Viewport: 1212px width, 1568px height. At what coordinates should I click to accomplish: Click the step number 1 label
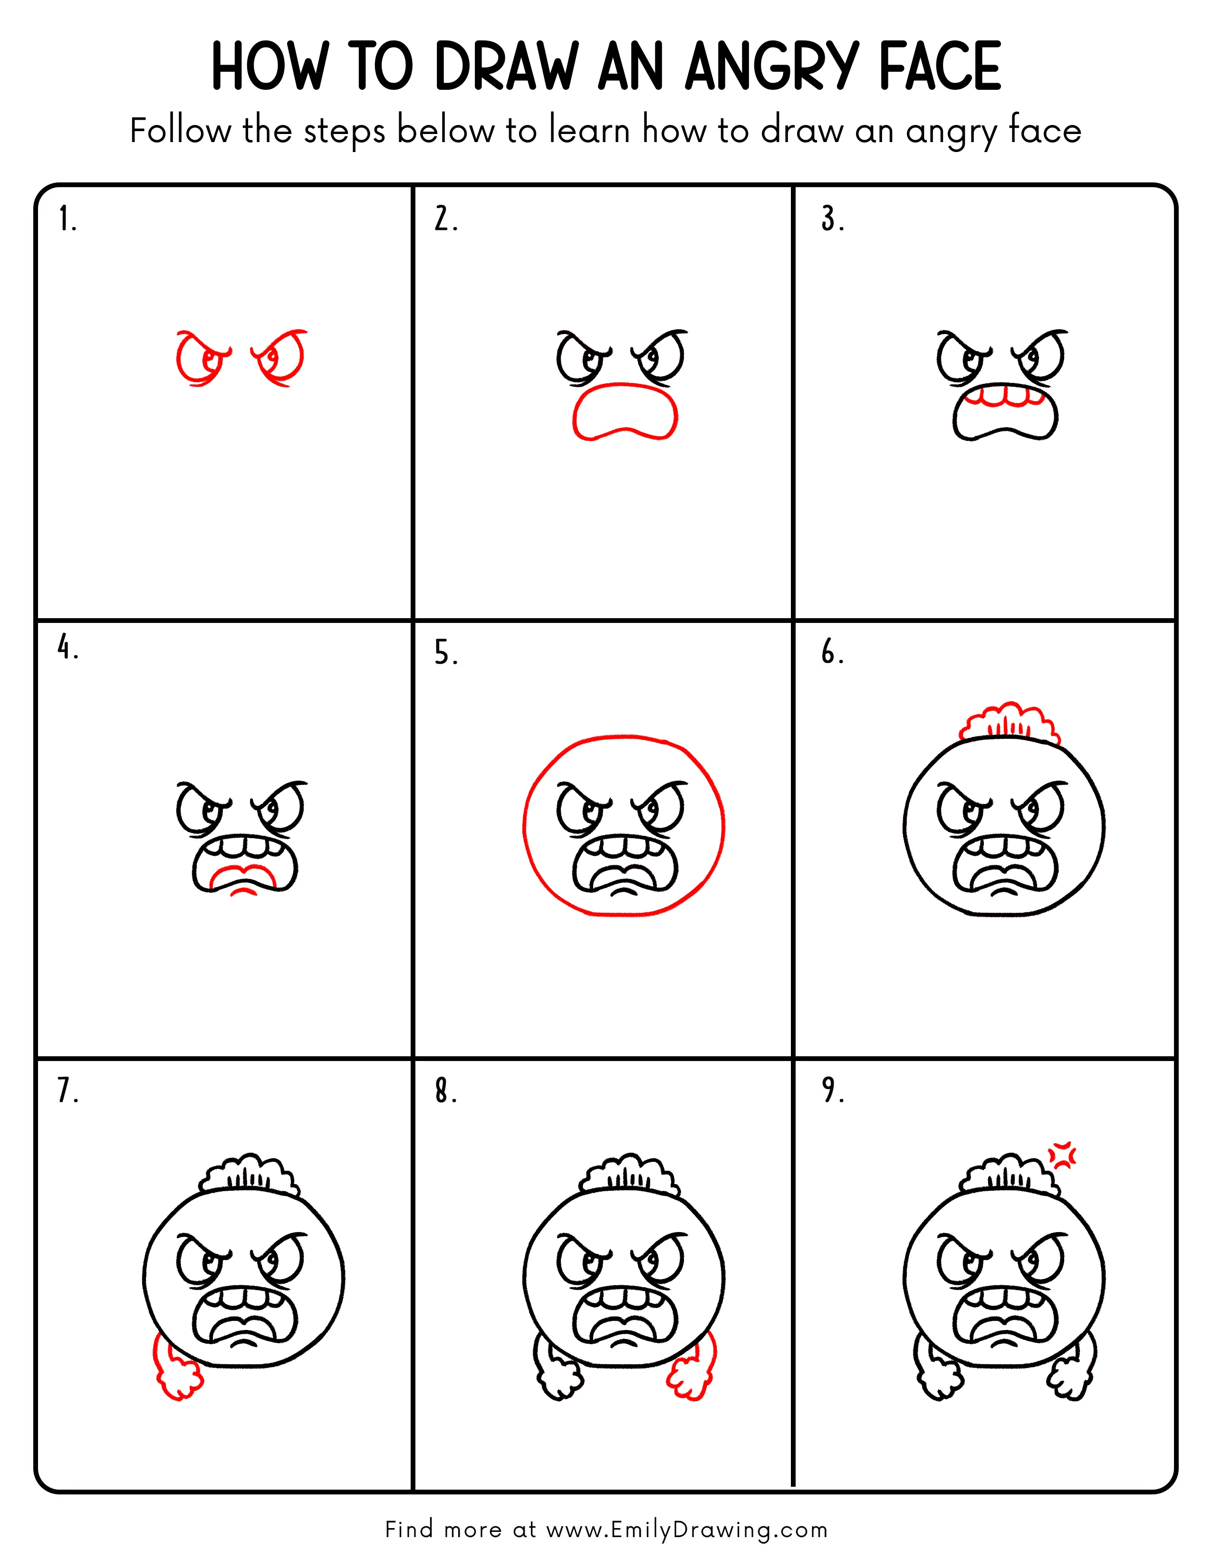click(67, 219)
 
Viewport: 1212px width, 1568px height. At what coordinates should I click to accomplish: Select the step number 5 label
click(445, 653)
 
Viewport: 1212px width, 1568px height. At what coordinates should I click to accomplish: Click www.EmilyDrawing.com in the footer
click(686, 1529)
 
